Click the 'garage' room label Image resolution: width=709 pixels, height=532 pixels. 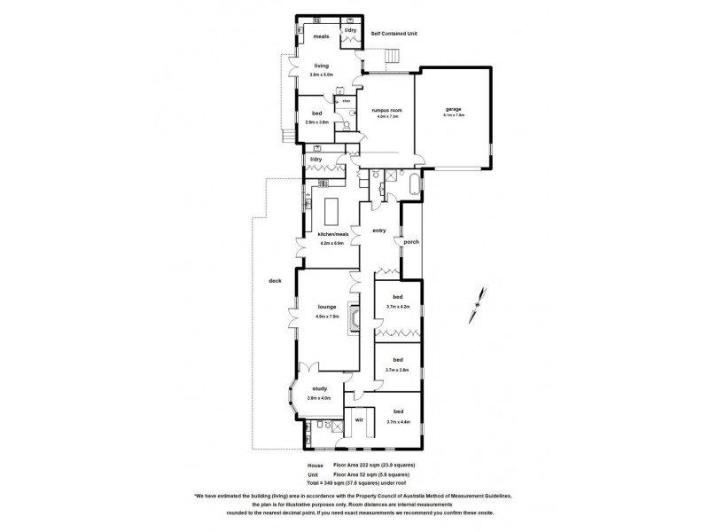[x=453, y=110]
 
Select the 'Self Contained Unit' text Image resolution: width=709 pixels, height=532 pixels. [x=393, y=33]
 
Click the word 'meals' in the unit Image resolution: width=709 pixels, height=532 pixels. [x=320, y=36]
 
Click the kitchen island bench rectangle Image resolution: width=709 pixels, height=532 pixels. [x=334, y=213]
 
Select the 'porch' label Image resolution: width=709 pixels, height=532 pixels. [x=411, y=241]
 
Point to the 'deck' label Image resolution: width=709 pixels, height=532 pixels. [x=275, y=281]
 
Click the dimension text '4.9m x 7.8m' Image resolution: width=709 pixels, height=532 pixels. [x=327, y=316]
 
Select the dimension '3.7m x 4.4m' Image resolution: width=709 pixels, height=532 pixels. [x=398, y=421]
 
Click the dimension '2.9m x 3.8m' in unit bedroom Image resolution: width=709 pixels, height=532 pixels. [x=317, y=121]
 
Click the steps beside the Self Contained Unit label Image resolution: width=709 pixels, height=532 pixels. [x=389, y=59]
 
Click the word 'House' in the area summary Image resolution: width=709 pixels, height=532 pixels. [x=315, y=465]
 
